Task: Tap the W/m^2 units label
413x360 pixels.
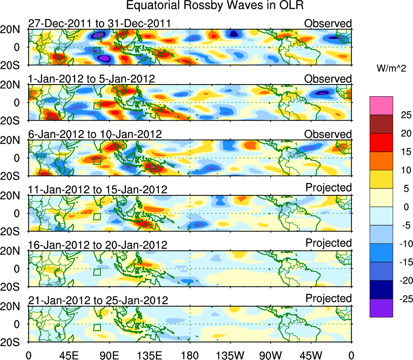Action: point(392,69)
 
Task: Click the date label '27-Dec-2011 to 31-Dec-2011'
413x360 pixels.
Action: point(99,23)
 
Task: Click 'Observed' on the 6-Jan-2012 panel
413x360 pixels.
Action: point(328,134)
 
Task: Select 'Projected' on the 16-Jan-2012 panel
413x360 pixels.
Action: point(328,243)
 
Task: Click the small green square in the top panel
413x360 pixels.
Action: point(97,50)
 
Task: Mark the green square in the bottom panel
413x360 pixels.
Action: point(97,327)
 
